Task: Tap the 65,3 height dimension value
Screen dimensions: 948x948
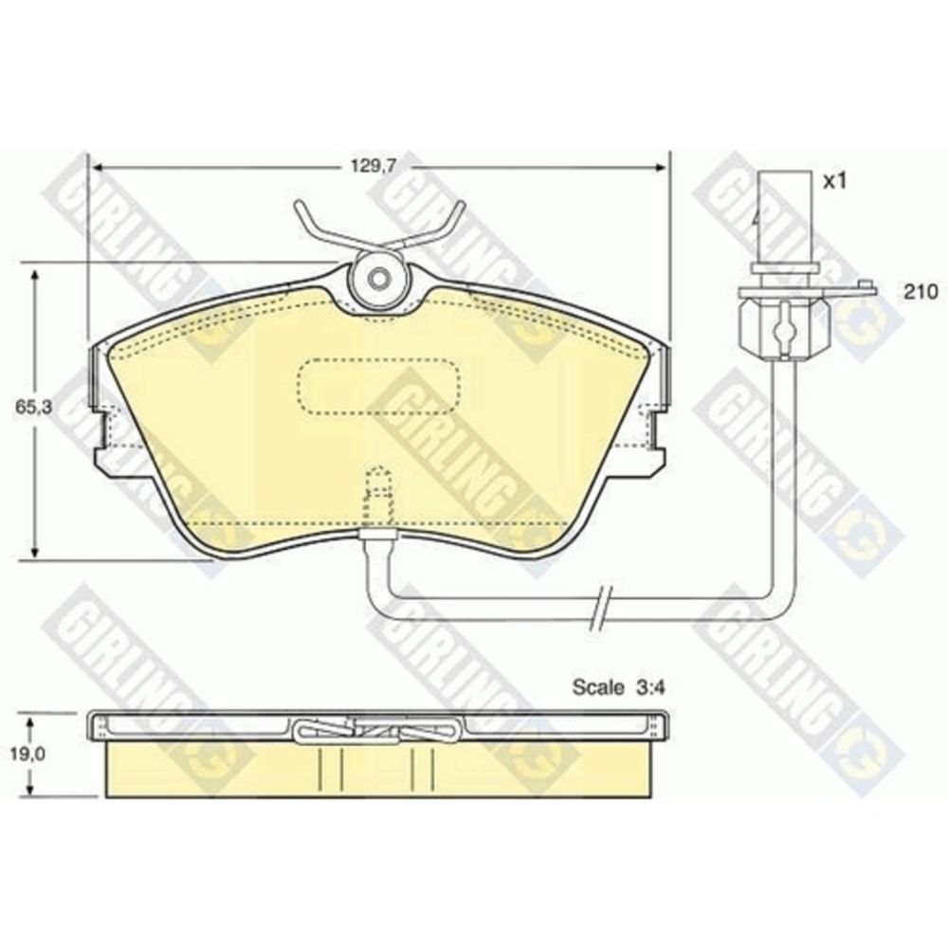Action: pos(34,407)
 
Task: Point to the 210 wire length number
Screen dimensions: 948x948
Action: pos(921,293)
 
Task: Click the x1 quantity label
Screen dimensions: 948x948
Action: pos(834,180)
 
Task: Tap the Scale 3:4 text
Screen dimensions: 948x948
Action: pos(618,687)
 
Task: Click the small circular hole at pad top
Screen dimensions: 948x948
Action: pos(379,280)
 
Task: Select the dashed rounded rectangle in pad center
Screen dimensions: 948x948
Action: pos(379,387)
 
